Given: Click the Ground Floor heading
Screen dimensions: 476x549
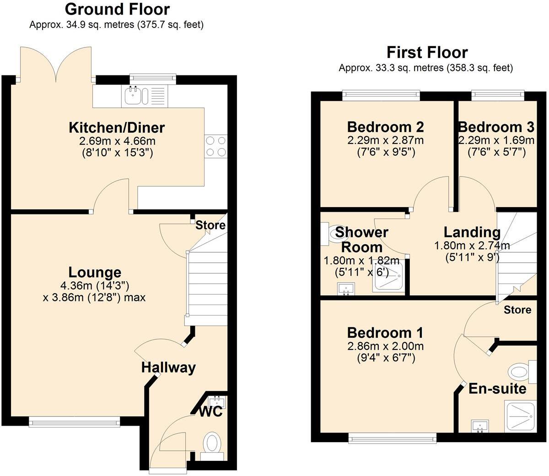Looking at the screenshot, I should point(117,9).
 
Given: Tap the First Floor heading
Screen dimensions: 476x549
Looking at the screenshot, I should point(427,52).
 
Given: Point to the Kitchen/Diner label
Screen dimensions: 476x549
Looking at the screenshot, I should point(117,127).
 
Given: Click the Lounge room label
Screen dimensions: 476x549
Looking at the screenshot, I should point(95,273).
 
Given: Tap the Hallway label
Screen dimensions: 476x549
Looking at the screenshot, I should point(168,367).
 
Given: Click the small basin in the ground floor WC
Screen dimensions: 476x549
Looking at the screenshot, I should point(216,401).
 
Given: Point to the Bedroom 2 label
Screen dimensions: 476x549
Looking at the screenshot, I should point(385,126).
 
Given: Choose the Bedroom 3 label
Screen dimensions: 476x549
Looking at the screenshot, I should point(496,126).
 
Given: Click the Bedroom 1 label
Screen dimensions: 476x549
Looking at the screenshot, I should point(385,332).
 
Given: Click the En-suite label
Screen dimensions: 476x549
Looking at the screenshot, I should point(497,389).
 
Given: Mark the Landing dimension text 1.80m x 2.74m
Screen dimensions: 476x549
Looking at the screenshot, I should point(472,246).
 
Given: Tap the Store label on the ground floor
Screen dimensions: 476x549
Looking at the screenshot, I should point(210,225).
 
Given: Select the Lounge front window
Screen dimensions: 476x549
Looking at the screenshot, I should point(75,422).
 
